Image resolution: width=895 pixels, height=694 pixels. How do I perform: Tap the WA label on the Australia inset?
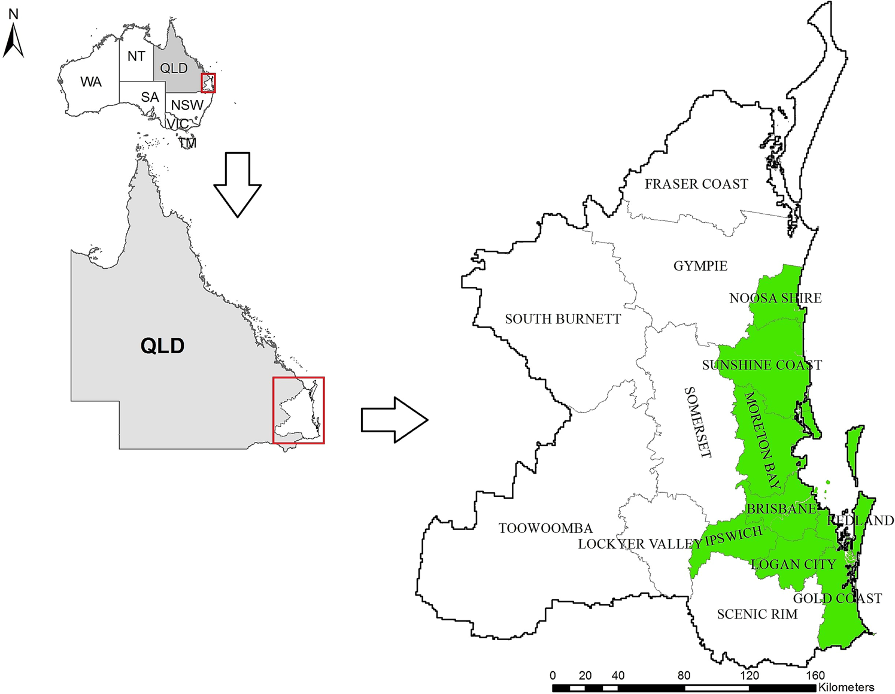click(x=91, y=82)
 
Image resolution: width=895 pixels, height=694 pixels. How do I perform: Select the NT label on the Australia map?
click(x=136, y=56)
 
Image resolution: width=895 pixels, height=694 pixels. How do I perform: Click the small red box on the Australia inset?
click(x=208, y=83)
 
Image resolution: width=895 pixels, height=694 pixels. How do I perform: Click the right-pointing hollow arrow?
click(x=394, y=420)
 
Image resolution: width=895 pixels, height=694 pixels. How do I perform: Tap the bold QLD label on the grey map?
click(x=162, y=346)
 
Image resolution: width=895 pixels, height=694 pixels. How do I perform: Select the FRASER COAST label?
click(x=696, y=184)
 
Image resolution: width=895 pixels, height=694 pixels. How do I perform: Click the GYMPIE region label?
click(x=700, y=266)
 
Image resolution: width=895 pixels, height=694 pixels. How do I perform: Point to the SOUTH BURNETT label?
click(x=563, y=319)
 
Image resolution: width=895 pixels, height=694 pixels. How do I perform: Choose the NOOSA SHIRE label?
click(x=775, y=298)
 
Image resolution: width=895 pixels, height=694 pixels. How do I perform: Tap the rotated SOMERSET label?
click(x=697, y=422)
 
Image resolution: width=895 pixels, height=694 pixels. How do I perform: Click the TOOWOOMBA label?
click(x=545, y=528)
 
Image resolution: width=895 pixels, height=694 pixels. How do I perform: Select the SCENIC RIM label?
click(x=757, y=614)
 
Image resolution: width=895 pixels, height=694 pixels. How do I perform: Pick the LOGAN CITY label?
click(x=793, y=565)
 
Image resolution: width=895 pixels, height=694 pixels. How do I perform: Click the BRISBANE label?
click(x=781, y=509)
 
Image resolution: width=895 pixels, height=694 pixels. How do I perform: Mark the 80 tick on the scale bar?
click(x=684, y=675)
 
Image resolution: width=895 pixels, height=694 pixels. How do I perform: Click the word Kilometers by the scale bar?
click(x=846, y=687)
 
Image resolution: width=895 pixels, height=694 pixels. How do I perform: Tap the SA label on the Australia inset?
click(x=150, y=97)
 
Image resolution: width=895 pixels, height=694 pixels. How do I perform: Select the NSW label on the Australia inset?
click(x=187, y=105)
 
